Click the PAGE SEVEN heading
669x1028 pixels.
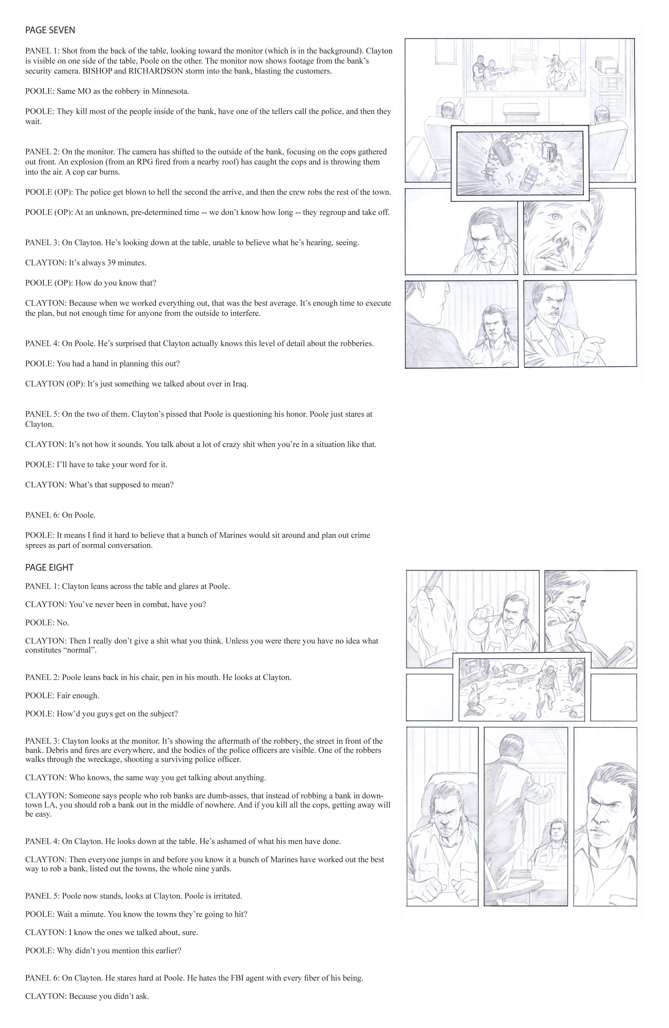50,30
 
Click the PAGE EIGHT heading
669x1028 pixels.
49,567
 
